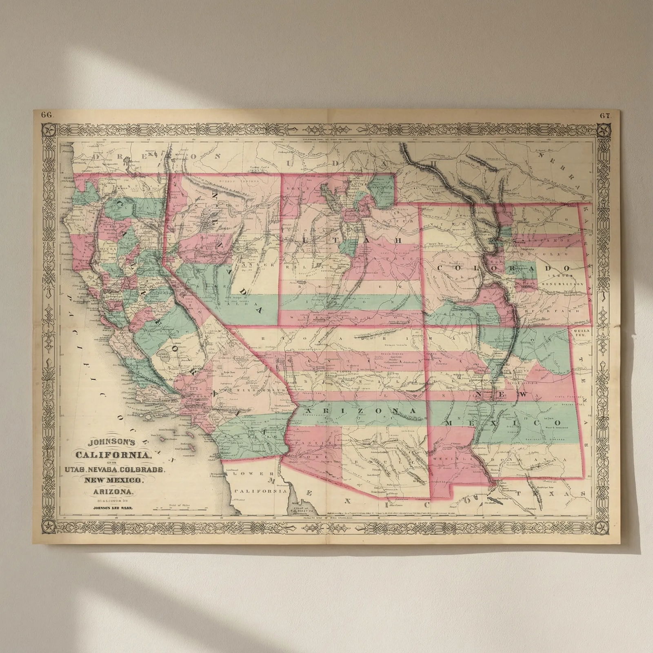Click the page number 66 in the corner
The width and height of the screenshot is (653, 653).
pos(47,115)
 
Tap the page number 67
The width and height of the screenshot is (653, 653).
pos(605,115)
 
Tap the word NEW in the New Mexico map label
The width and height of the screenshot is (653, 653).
pos(502,395)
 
